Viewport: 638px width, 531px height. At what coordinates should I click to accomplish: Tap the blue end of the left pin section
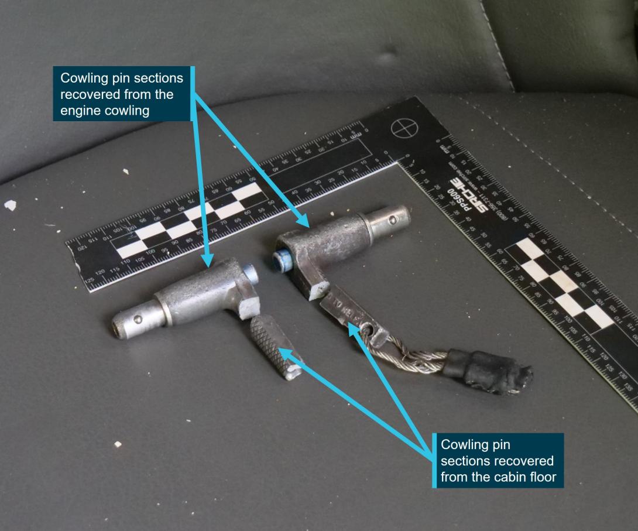tap(251, 272)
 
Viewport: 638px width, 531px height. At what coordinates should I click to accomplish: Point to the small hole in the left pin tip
tap(138, 319)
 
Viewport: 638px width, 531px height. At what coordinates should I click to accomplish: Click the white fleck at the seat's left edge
tap(10, 205)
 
